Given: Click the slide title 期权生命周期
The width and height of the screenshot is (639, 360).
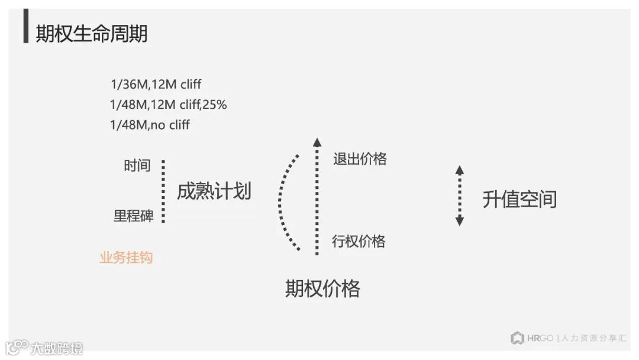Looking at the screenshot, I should pos(92,34).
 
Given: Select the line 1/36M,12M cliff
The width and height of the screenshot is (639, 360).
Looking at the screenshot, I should pos(156,85).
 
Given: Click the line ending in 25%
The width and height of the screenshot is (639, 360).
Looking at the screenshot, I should pos(169,105).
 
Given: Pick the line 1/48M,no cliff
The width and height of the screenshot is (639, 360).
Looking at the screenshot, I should pos(150,125).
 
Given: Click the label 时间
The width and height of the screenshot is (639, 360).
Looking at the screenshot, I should pos(137,166).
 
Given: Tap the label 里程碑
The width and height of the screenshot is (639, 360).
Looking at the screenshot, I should pos(134,216).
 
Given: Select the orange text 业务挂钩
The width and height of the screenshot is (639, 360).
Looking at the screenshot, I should pos(126,258).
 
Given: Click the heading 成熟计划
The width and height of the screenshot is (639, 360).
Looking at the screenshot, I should pos(214,191).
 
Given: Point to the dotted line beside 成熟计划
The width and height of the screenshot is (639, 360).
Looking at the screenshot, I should pos(163,191).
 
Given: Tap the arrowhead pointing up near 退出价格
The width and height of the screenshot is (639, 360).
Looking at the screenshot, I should pos(317,142).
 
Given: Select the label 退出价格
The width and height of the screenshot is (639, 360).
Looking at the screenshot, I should pos(360,159).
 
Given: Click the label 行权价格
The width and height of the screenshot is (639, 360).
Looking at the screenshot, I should pos(359,241).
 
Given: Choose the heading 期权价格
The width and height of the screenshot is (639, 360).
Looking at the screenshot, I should pos(322,288).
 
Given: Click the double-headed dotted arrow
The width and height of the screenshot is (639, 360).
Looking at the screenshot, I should pos(460,195).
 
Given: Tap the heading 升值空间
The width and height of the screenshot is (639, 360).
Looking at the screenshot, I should pos(519,200).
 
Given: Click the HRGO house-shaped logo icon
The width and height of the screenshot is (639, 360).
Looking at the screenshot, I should pos(518,338).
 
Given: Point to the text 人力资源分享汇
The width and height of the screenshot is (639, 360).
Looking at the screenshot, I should pos(593,339).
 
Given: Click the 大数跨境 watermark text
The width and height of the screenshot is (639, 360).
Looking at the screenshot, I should pos(57,348).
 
